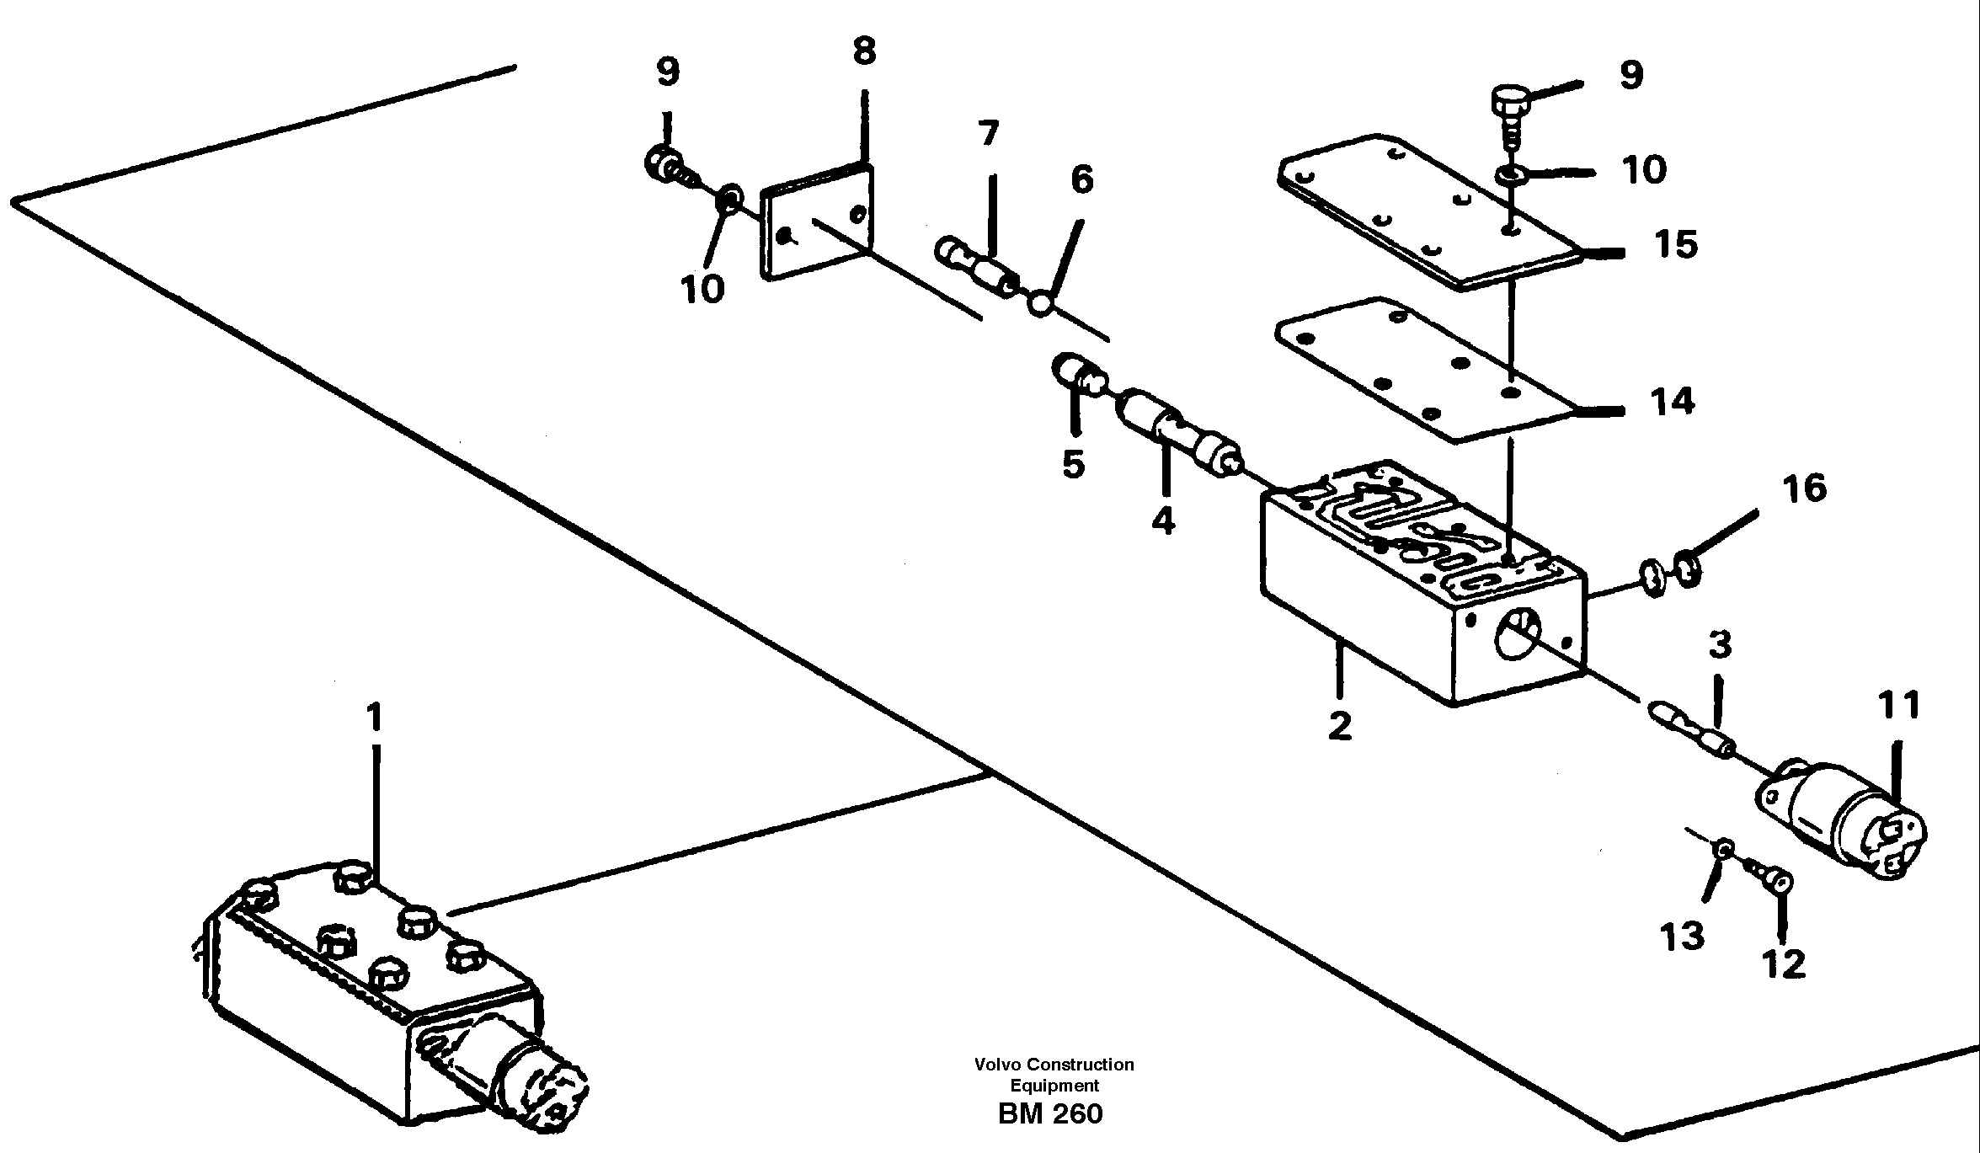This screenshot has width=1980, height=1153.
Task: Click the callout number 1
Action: [x=374, y=718]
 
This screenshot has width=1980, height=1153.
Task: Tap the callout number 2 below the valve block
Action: [x=1340, y=726]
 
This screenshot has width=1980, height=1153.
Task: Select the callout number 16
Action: [x=1804, y=488]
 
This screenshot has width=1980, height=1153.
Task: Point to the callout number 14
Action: [x=1672, y=402]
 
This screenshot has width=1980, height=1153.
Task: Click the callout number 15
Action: [x=1674, y=244]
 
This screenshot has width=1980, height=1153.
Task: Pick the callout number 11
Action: [x=1899, y=706]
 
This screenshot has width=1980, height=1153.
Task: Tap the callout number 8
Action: [x=864, y=51]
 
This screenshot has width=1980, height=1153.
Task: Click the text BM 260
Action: [x=1049, y=1113]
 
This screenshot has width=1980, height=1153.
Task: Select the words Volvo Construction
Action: [x=1054, y=1065]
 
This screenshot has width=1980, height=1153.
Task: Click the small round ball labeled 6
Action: [x=1041, y=304]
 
